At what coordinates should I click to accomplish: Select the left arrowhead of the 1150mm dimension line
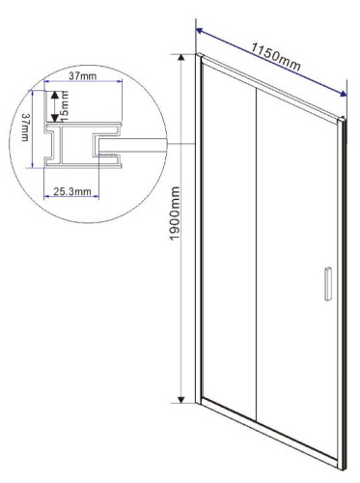click(x=198, y=29)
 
